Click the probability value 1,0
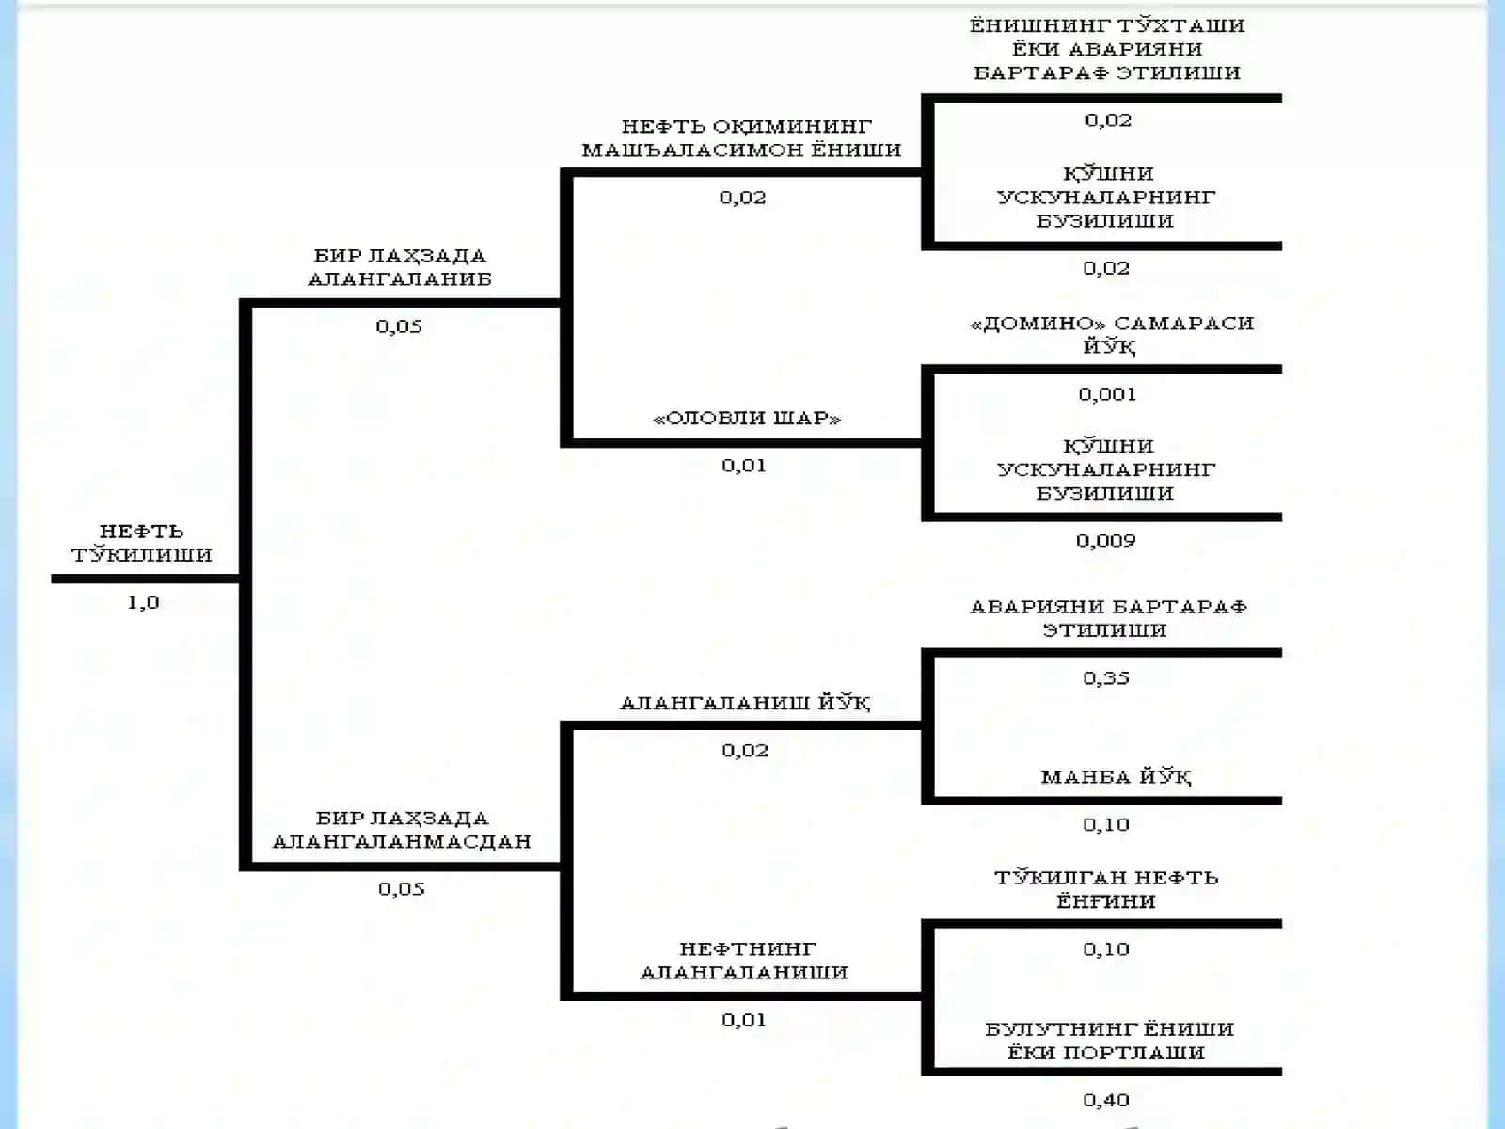click(143, 602)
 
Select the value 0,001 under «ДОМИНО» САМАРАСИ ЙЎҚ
click(1107, 394)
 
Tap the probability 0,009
click(1106, 541)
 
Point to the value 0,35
click(1106, 678)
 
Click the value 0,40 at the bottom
click(1106, 1100)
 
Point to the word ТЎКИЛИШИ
click(142, 554)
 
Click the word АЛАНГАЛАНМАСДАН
click(403, 841)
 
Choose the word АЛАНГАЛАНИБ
click(400, 279)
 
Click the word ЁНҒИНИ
click(1106, 900)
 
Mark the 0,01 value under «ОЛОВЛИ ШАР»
click(744, 466)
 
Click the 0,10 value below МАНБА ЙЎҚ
click(1106, 825)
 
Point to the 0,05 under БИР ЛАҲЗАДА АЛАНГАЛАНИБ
click(399, 326)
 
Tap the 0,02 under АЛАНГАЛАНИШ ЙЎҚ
click(745, 751)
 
